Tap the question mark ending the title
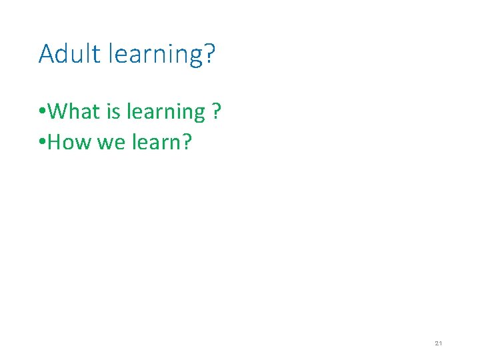pyautogui.click(x=209, y=53)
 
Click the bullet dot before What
pyautogui.click(x=42, y=112)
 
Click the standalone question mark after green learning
pyautogui.click(x=215, y=111)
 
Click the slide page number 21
pyautogui.click(x=438, y=343)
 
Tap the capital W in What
pyautogui.click(x=58, y=111)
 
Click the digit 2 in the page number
pyautogui.click(x=436, y=343)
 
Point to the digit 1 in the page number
pyautogui.click(x=441, y=343)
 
